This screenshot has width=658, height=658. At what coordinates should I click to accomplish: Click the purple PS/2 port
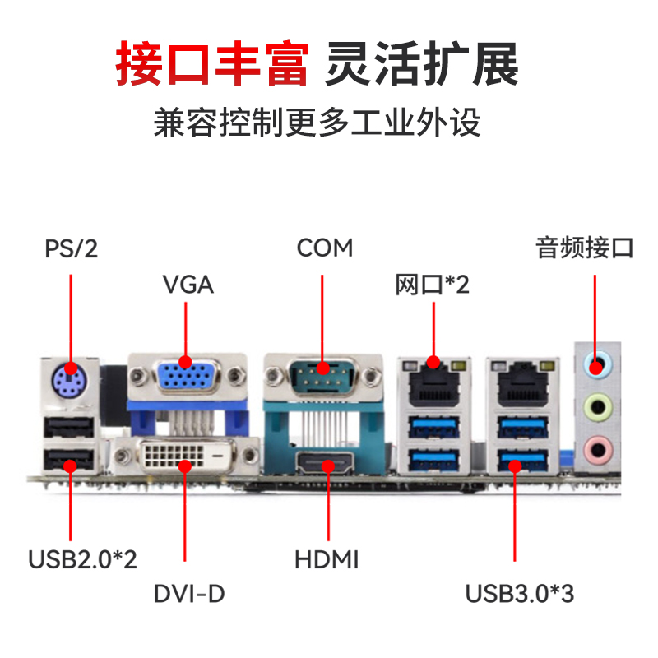[67, 382]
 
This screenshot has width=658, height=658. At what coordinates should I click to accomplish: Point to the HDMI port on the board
[325, 463]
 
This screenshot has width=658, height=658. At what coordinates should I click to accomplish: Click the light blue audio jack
[597, 364]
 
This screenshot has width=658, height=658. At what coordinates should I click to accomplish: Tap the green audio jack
[598, 406]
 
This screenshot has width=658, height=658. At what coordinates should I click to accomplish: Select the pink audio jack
[598, 450]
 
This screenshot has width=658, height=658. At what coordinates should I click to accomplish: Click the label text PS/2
[72, 248]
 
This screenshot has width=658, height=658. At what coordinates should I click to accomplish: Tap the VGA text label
[188, 285]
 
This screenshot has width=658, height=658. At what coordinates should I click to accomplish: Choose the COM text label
[325, 248]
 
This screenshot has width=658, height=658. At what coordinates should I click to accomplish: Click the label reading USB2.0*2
[82, 559]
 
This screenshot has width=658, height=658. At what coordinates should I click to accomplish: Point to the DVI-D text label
[189, 593]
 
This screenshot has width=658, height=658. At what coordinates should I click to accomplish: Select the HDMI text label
[327, 559]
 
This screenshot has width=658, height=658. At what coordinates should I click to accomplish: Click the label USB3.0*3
[520, 593]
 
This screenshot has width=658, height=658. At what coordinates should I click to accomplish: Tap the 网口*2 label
[433, 285]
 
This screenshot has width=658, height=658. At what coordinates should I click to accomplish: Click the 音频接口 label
[585, 248]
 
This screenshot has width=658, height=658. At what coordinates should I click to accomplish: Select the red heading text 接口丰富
[212, 63]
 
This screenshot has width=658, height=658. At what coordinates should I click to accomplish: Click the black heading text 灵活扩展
[422, 63]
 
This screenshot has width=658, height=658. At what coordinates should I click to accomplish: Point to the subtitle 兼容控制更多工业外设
[317, 122]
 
